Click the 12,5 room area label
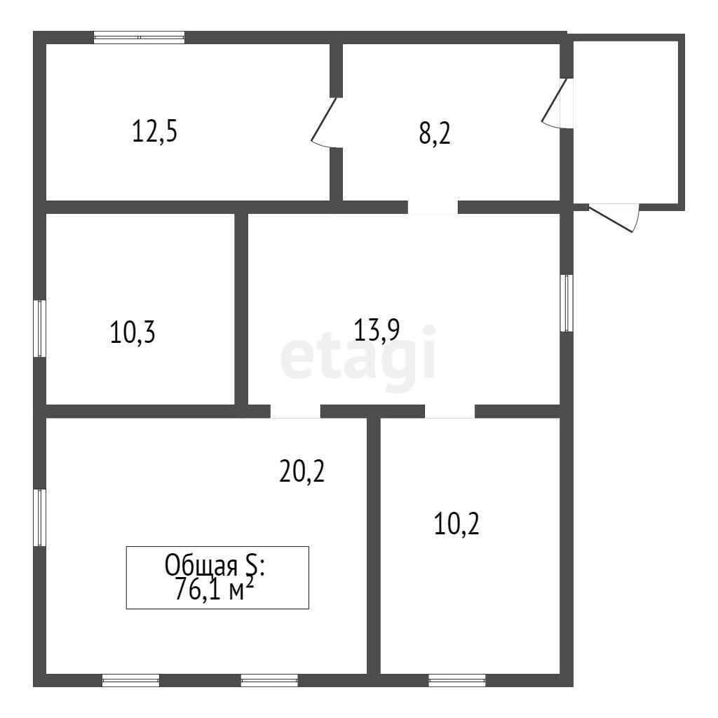tap(154, 131)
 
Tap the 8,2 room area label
tap(435, 134)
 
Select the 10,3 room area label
tap(133, 332)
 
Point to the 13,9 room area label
tap(377, 330)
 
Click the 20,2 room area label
tap(302, 472)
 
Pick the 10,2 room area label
tap(456, 524)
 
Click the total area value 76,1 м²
tap(215, 589)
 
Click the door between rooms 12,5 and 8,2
tap(327, 123)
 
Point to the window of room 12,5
tap(140, 38)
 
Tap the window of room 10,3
tap(40, 328)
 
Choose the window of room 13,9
tap(567, 303)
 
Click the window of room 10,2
tap(457, 680)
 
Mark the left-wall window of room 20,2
tap(40, 518)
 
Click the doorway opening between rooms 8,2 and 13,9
tap(433, 208)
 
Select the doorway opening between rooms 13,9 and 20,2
tap(295, 411)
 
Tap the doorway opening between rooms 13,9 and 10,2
tap(450, 411)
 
